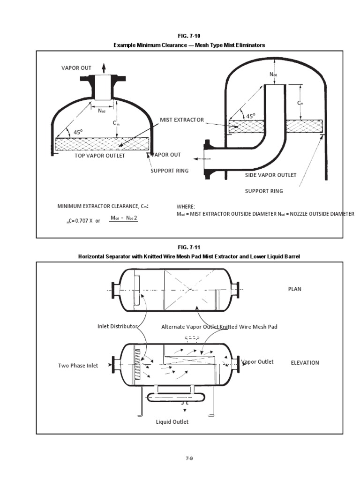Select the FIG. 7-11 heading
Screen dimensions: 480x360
(x=189, y=247)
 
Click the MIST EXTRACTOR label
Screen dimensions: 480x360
(x=182, y=120)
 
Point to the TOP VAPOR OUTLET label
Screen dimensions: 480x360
(x=100, y=156)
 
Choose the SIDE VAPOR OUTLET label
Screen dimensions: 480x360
(x=271, y=175)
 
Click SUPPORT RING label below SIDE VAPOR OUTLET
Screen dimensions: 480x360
(x=264, y=191)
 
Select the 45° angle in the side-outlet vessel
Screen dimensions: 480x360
(x=251, y=116)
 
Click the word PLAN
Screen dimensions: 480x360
(x=294, y=289)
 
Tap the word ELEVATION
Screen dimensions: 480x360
(x=305, y=363)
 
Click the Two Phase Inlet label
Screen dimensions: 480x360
(x=78, y=366)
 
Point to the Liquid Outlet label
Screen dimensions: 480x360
(x=172, y=422)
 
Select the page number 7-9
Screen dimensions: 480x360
(x=188, y=458)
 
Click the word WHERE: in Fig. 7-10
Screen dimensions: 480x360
(x=186, y=206)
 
